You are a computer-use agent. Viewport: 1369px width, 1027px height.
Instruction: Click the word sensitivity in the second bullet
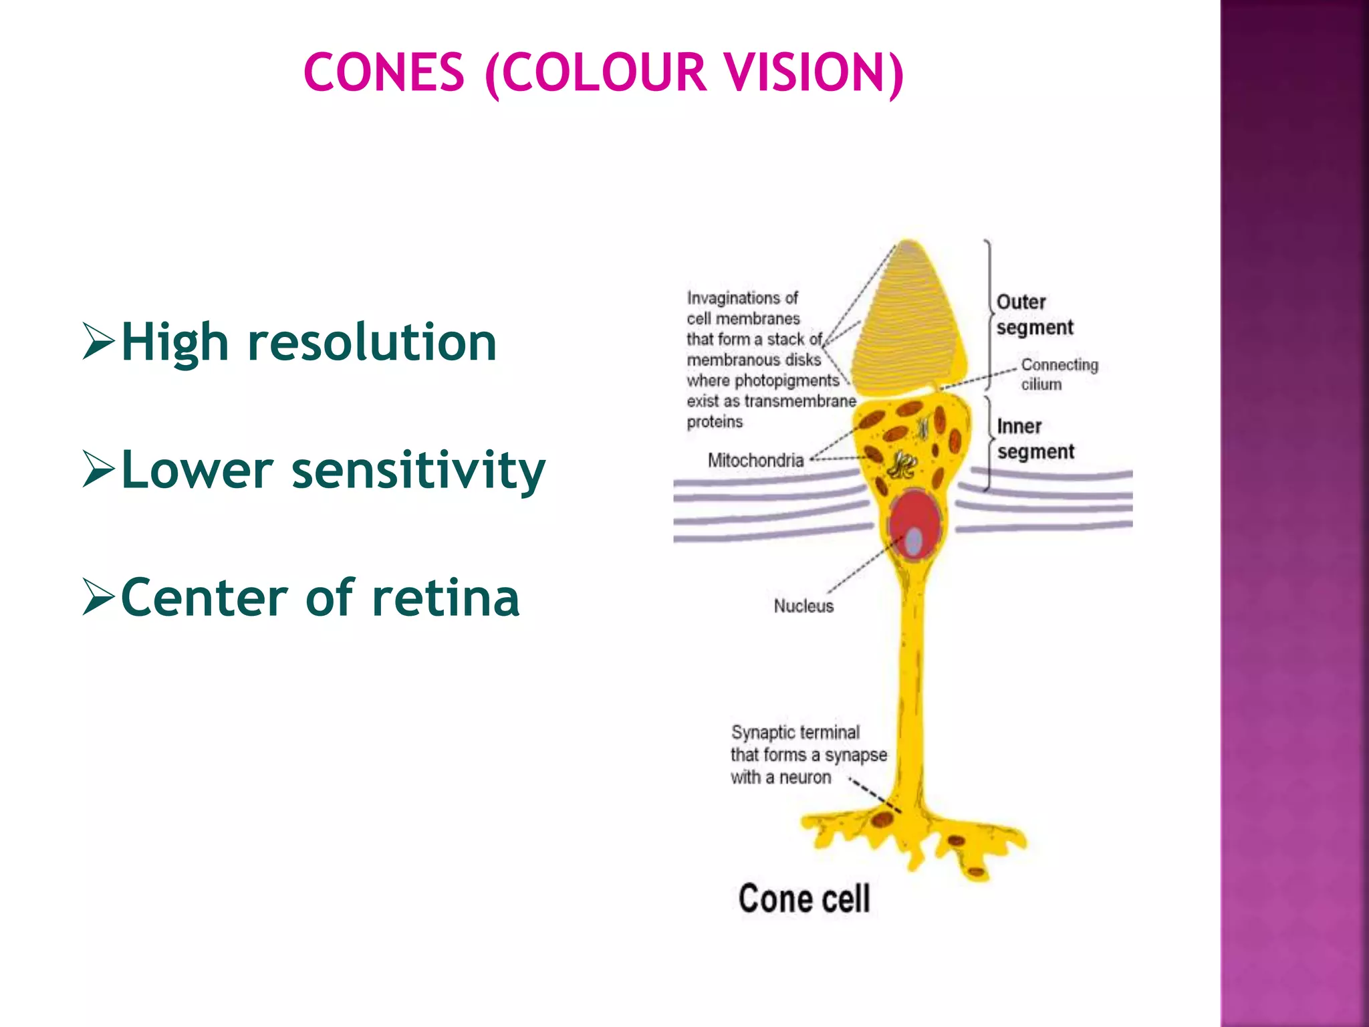click(418, 470)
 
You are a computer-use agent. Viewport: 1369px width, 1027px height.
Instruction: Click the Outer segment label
click(1033, 314)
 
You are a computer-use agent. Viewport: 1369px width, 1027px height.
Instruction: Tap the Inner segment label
click(1035, 439)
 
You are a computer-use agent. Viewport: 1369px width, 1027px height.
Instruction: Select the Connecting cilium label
click(1059, 374)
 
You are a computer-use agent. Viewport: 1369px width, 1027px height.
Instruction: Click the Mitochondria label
click(755, 460)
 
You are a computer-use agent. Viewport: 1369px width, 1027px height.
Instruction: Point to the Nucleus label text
click(803, 606)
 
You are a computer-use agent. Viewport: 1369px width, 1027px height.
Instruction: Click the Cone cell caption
click(804, 898)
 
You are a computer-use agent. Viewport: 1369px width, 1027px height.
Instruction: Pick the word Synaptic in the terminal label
click(762, 733)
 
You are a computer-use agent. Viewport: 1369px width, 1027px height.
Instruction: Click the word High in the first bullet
click(175, 342)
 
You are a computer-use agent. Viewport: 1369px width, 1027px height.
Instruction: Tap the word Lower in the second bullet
click(197, 470)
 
